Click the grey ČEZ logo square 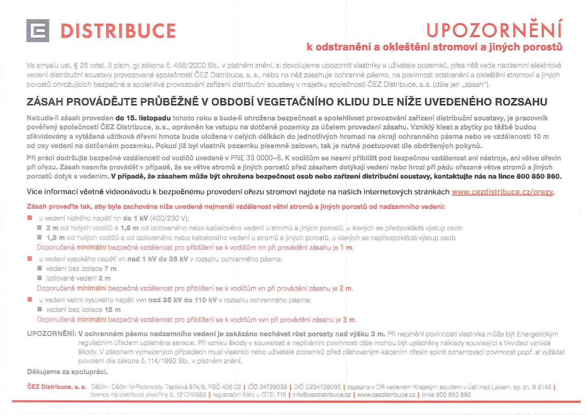pos(40,31)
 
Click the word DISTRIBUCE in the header pos(118,31)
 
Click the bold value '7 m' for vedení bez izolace pos(111,269)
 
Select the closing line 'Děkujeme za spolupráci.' pos(68,371)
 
